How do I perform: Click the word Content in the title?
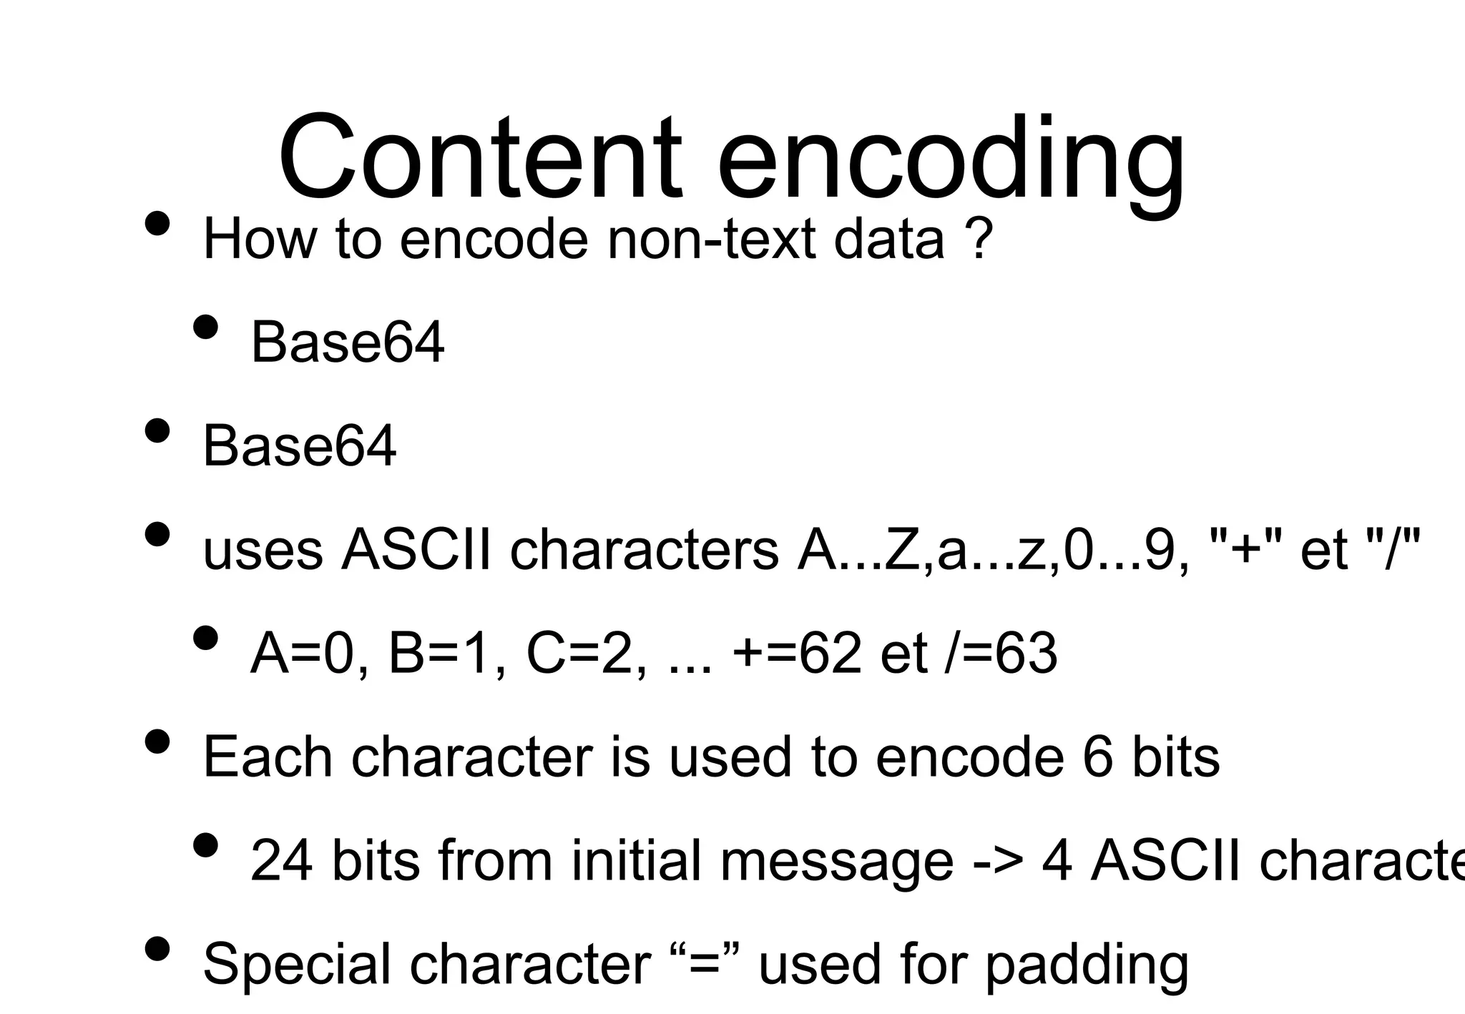point(479,159)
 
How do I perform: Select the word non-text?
point(711,239)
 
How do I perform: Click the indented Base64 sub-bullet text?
point(347,343)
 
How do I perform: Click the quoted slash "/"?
point(1392,550)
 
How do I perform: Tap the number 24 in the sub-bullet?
point(281,860)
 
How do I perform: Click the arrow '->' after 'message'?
point(999,860)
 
